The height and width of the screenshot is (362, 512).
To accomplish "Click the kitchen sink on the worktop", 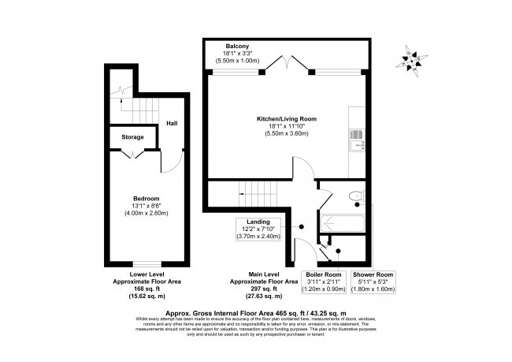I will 358,139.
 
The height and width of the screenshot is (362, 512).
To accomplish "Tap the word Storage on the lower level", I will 132,137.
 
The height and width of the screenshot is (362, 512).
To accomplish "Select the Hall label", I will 172,123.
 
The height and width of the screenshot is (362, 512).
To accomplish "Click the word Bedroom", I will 146,198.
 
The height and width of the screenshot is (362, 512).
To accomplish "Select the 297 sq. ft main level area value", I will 263,288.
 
